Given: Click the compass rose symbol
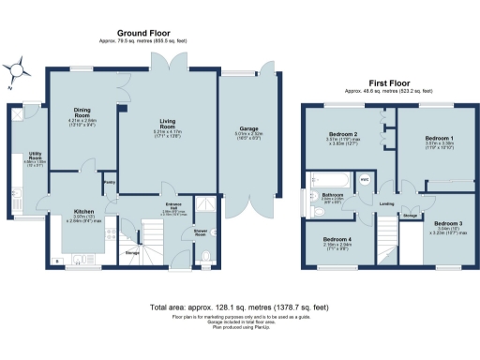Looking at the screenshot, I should [17, 68].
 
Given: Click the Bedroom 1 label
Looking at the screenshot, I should [427, 138].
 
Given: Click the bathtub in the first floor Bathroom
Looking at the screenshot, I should [334, 180].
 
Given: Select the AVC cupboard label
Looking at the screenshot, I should [365, 177].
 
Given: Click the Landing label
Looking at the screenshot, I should [385, 202].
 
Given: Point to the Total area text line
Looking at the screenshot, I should [239, 307].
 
